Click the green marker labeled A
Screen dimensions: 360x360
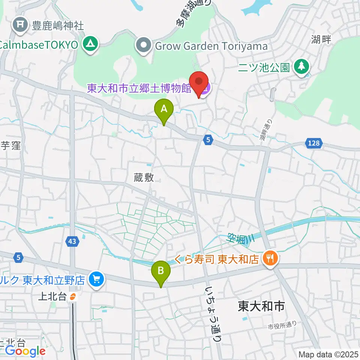[x=164, y=110]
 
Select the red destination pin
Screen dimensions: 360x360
[x=199, y=82]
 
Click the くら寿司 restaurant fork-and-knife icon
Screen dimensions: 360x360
[x=270, y=258]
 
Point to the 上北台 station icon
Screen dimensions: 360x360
[x=73, y=297]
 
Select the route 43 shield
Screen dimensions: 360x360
[x=73, y=242]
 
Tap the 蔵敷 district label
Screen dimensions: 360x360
[x=144, y=178]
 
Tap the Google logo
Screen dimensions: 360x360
[x=25, y=351]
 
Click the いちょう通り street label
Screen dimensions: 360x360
[x=212, y=313]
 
